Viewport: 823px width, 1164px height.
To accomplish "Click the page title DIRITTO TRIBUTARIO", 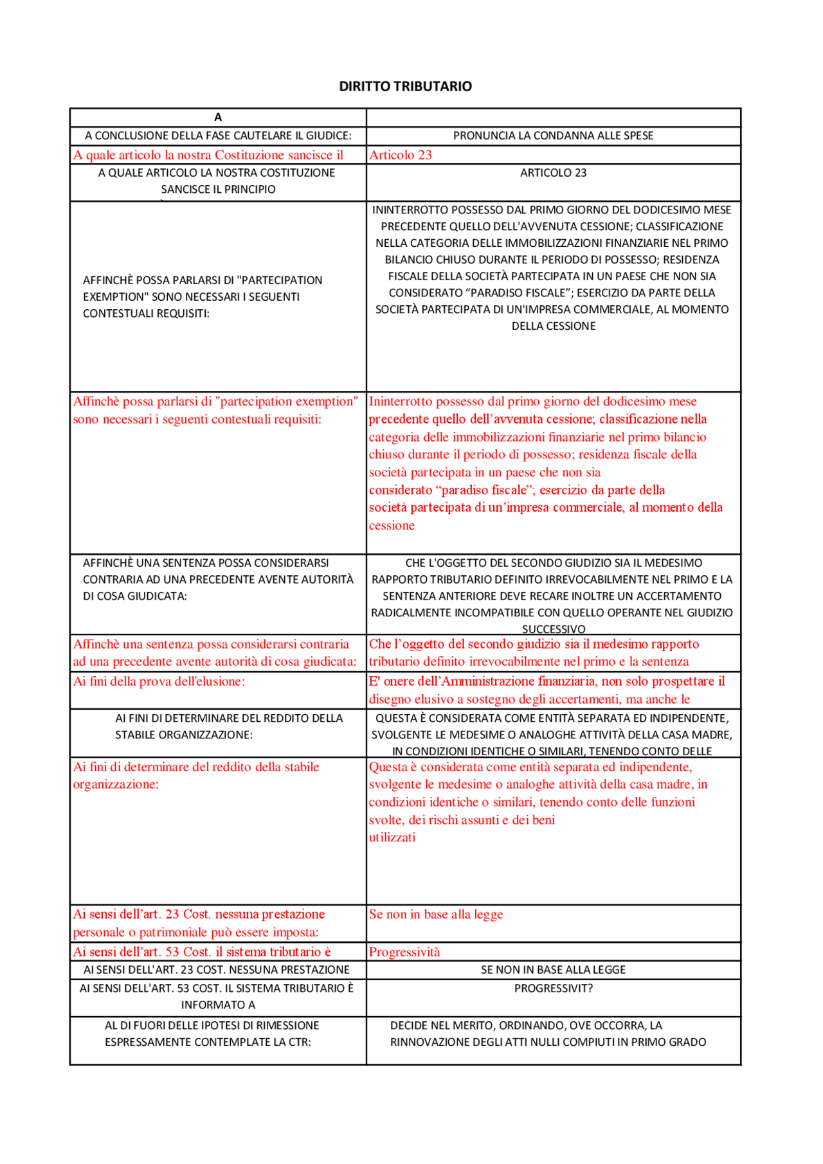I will [405, 86].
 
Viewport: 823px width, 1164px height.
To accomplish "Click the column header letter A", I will [218, 117].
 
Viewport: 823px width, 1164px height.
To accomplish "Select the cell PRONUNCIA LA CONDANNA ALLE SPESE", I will [553, 136].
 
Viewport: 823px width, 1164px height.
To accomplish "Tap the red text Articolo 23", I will [400, 155].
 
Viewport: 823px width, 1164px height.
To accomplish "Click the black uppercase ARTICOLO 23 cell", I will [553, 173].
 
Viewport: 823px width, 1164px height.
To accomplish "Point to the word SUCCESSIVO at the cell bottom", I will [553, 629].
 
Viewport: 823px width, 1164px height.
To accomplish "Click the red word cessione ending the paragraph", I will [392, 525].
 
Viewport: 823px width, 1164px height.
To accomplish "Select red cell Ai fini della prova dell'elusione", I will [159, 681].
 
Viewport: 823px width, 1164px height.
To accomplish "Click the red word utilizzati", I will [392, 837].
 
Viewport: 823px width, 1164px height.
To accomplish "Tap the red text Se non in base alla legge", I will [436, 914].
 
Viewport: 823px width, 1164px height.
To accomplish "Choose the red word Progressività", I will [404, 952].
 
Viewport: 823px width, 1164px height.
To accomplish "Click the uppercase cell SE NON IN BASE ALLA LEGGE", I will [553, 970].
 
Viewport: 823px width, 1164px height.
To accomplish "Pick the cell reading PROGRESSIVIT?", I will [553, 989].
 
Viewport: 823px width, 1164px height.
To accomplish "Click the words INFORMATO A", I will [218, 1005].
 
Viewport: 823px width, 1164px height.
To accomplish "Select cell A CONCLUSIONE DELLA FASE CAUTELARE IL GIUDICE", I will [218, 136].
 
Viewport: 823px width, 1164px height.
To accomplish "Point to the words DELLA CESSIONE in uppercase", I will [553, 327].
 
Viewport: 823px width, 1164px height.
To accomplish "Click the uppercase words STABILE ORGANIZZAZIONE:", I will [184, 735].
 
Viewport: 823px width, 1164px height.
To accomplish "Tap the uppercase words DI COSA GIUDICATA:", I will [135, 596].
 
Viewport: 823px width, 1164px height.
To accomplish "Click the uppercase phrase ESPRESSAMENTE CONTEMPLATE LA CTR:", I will [208, 1043].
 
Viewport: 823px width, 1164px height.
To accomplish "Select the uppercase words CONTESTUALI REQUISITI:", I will [146, 314].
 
